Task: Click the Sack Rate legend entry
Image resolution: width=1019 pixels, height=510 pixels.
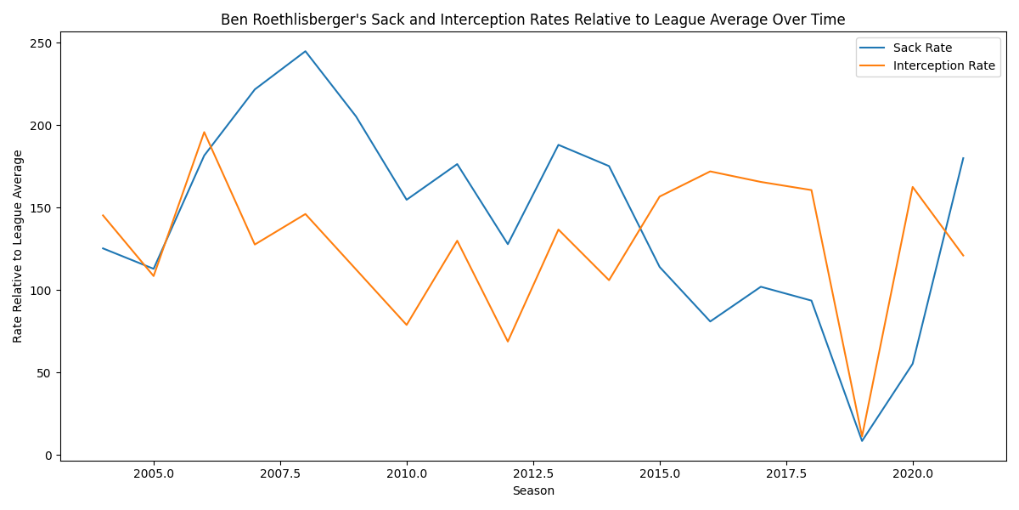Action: click(x=922, y=48)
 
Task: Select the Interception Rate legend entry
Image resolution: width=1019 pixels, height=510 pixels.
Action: click(x=943, y=66)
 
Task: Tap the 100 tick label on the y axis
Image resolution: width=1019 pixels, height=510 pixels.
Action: click(x=42, y=291)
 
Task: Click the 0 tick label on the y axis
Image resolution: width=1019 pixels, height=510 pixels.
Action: click(x=49, y=456)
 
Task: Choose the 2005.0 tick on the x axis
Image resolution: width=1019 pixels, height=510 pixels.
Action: click(x=154, y=461)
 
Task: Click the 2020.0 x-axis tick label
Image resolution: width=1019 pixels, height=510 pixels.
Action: click(x=912, y=473)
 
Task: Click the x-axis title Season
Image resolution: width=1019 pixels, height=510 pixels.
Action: click(x=533, y=491)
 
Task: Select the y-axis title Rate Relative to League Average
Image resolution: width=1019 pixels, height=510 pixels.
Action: click(x=18, y=246)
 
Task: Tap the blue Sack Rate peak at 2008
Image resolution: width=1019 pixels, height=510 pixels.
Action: click(x=306, y=51)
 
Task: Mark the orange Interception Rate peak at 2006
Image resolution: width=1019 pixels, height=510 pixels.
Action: click(x=204, y=132)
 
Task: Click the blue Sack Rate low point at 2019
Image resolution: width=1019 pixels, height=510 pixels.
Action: click(x=862, y=440)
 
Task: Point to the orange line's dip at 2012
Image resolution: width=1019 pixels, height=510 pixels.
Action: click(x=508, y=342)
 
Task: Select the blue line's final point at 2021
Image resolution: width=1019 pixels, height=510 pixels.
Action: click(x=963, y=158)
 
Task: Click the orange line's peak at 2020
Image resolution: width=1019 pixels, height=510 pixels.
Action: click(x=913, y=187)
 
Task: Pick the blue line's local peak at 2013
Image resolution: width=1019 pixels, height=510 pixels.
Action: click(x=558, y=144)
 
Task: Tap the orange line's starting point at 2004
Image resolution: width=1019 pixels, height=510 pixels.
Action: click(x=103, y=215)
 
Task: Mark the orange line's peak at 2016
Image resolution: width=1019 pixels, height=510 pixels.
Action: click(x=710, y=171)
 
